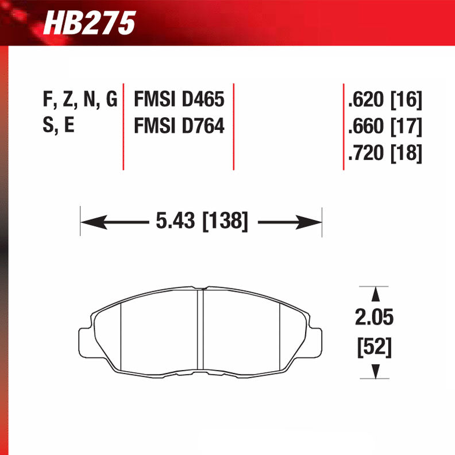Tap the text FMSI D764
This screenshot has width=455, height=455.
[x=178, y=126]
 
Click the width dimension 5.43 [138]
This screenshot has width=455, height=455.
[x=201, y=221]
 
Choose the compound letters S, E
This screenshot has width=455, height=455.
[x=59, y=126]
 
